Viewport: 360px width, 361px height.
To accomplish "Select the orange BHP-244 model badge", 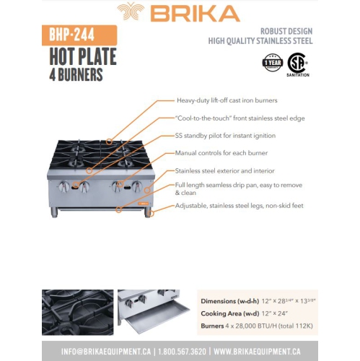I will (x=73, y=35).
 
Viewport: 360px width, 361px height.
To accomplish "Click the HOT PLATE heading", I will (x=82, y=56).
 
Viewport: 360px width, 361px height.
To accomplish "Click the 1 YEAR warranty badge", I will (x=272, y=62).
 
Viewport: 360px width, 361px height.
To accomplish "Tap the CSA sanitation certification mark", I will (x=297, y=63).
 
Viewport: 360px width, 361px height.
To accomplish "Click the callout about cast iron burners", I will (x=227, y=100).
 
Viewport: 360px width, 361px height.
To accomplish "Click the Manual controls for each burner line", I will (x=221, y=153).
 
